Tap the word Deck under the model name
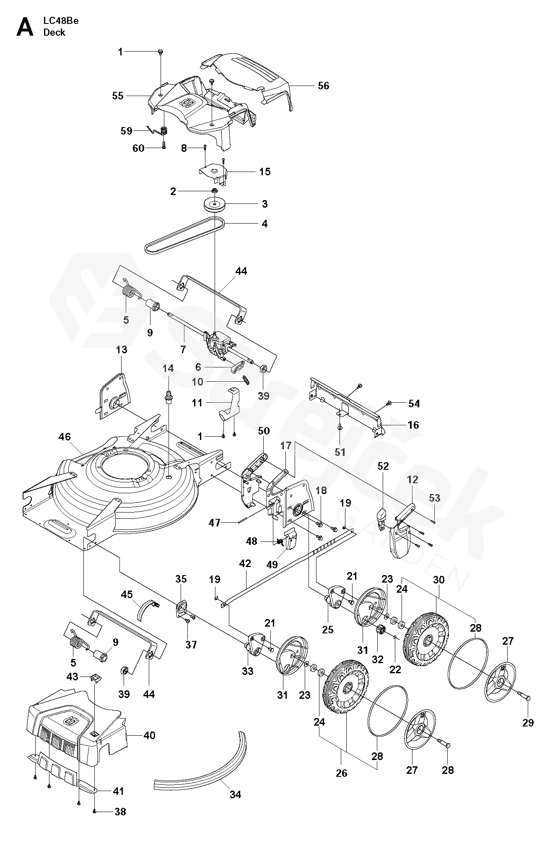coord(54,32)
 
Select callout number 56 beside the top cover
coord(323,86)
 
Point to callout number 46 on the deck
coord(65,437)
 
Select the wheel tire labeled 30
coord(425,640)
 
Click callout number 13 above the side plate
coord(122,349)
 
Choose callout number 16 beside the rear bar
coord(413,425)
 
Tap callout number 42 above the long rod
coord(245,563)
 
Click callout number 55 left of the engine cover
coord(118,96)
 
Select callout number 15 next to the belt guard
coord(265,172)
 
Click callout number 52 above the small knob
coord(383,466)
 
